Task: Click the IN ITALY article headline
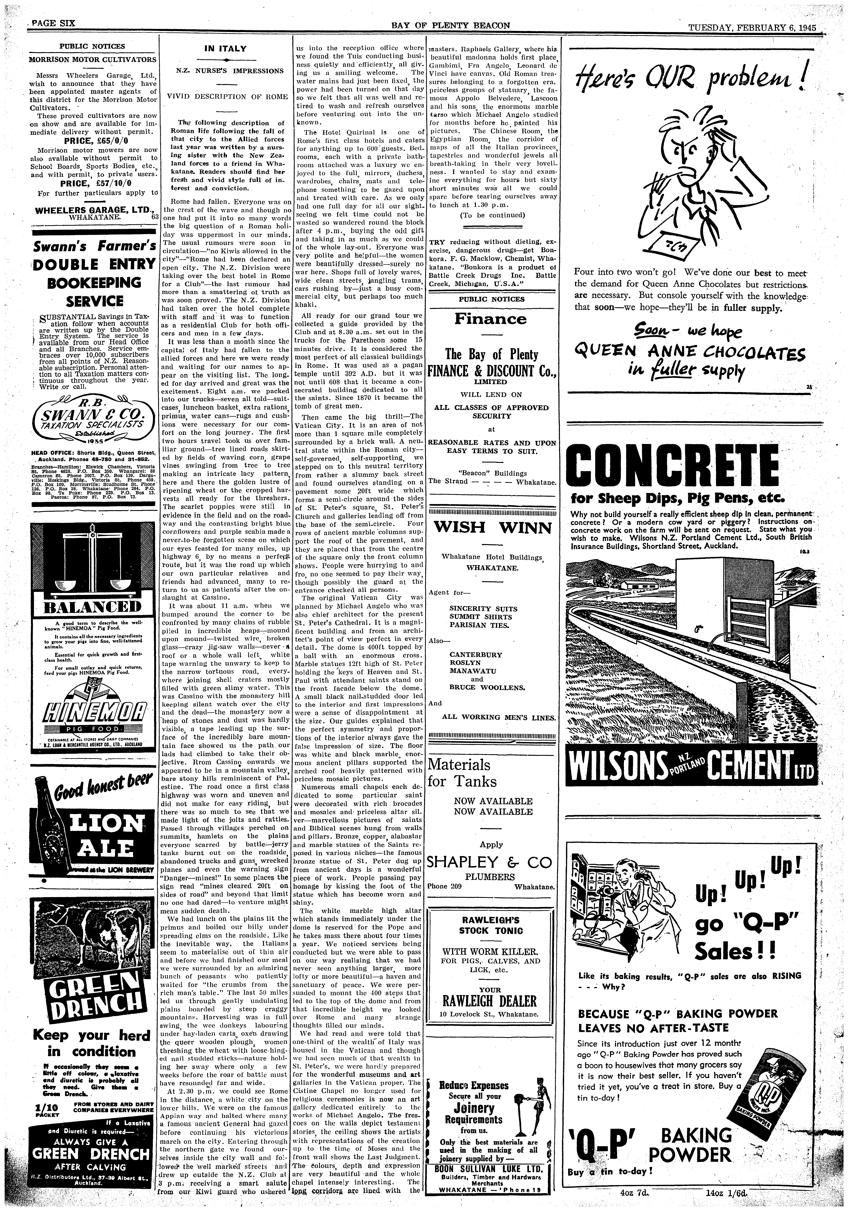coord(225,49)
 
